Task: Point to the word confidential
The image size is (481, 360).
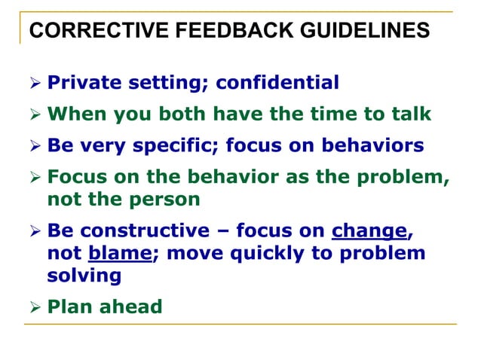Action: click(277, 81)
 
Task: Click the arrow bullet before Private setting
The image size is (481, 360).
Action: click(35, 82)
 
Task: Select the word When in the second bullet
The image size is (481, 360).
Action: click(78, 114)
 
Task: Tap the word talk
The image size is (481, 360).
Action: click(412, 114)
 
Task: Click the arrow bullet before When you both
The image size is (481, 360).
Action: click(35, 115)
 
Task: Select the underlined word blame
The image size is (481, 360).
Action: click(120, 254)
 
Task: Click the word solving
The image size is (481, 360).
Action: click(84, 275)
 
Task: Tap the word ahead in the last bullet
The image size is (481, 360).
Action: click(132, 307)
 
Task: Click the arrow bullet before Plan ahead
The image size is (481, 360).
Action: click(35, 308)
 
